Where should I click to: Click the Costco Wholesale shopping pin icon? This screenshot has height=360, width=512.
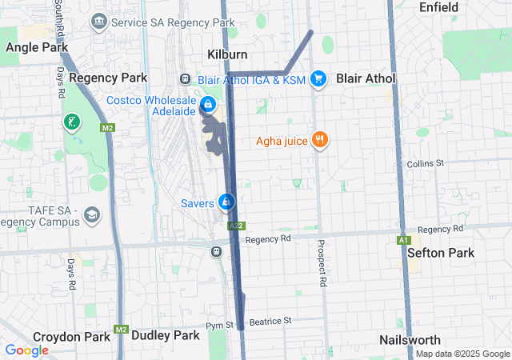(x=207, y=105)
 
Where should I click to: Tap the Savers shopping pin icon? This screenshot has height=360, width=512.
(x=227, y=202)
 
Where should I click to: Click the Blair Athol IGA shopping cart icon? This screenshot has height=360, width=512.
(x=318, y=78)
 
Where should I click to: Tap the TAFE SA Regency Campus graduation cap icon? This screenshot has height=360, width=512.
(x=92, y=214)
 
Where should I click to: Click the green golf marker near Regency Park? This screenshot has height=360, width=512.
(x=73, y=122)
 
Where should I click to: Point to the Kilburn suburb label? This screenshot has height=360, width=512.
(x=227, y=54)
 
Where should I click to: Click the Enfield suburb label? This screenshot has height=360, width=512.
(x=438, y=7)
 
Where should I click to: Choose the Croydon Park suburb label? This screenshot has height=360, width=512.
(x=71, y=337)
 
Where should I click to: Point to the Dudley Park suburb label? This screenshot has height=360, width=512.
(x=165, y=336)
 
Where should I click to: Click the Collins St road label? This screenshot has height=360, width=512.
(x=425, y=164)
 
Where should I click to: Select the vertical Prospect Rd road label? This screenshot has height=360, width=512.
(x=322, y=263)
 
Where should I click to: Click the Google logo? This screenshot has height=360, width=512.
(x=26, y=350)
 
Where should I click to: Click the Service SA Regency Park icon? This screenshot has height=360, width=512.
(x=99, y=21)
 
